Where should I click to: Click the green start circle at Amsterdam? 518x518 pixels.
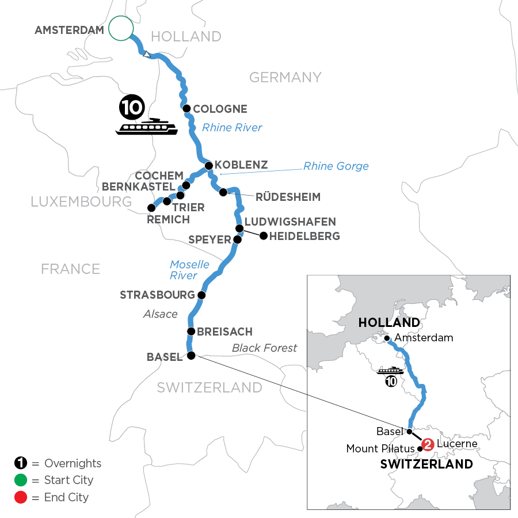click(x=121, y=28)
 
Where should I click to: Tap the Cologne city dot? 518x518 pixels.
click(x=186, y=108)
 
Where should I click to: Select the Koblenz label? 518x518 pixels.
click(x=241, y=165)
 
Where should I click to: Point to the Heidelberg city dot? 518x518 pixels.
click(x=264, y=235)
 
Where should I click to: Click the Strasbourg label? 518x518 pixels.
click(x=157, y=295)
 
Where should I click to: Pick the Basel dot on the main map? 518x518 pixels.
click(x=191, y=355)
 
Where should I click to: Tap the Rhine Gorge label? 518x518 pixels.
click(x=336, y=166)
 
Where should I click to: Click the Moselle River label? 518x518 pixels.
click(x=189, y=270)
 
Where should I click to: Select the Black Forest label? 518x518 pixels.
click(x=264, y=348)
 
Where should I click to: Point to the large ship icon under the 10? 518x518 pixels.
click(x=147, y=127)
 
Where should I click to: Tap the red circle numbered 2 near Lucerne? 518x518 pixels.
click(x=427, y=444)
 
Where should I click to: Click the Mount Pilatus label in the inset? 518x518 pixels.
click(x=380, y=449)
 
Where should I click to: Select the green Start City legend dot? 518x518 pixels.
click(x=20, y=480)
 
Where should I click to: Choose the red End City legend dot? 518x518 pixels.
click(x=20, y=497)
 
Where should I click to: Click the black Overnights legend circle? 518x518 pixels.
click(x=20, y=463)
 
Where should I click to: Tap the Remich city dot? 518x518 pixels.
click(x=151, y=208)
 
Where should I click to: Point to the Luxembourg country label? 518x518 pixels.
click(x=81, y=201)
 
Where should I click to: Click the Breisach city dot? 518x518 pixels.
click(x=191, y=331)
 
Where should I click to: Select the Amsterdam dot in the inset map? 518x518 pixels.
click(x=388, y=338)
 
